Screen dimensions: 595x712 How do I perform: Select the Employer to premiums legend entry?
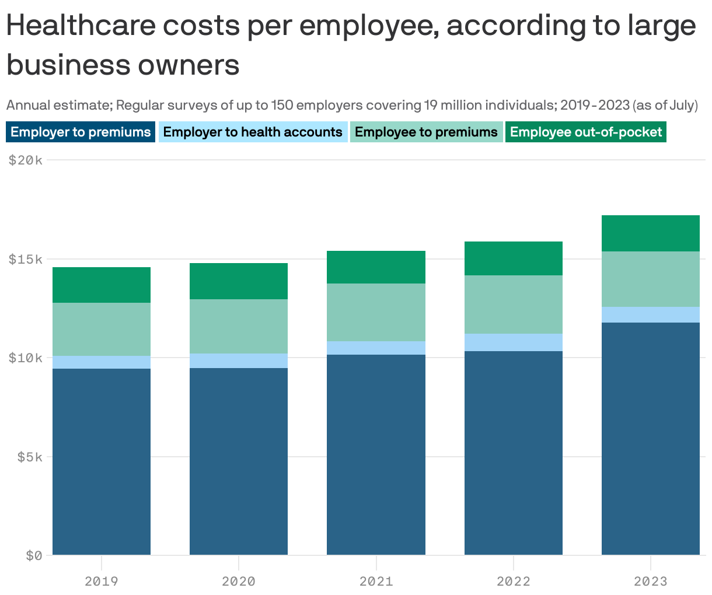click(x=81, y=132)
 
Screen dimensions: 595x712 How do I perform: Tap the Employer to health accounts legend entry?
click(x=253, y=132)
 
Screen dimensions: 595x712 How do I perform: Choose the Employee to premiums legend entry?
click(x=426, y=132)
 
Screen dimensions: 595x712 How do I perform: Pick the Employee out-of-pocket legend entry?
click(x=586, y=132)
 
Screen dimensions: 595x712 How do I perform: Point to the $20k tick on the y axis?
click(x=26, y=160)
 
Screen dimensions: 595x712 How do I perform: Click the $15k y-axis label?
click(x=26, y=259)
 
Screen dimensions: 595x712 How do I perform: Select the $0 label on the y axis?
click(x=34, y=555)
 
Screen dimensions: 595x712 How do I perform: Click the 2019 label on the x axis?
click(x=102, y=581)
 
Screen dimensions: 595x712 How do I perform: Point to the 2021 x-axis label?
click(x=376, y=581)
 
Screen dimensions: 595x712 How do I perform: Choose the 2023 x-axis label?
click(x=650, y=581)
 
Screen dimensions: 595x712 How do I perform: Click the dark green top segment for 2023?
click(x=650, y=233)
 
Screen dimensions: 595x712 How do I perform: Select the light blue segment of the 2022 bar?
click(x=513, y=342)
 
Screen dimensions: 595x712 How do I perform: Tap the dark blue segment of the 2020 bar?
click(x=239, y=461)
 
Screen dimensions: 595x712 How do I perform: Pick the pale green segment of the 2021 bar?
click(x=376, y=312)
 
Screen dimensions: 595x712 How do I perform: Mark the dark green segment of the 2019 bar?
click(x=102, y=285)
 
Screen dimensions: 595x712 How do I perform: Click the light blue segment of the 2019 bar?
click(x=102, y=362)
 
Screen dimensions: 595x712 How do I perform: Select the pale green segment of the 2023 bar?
click(x=650, y=279)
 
